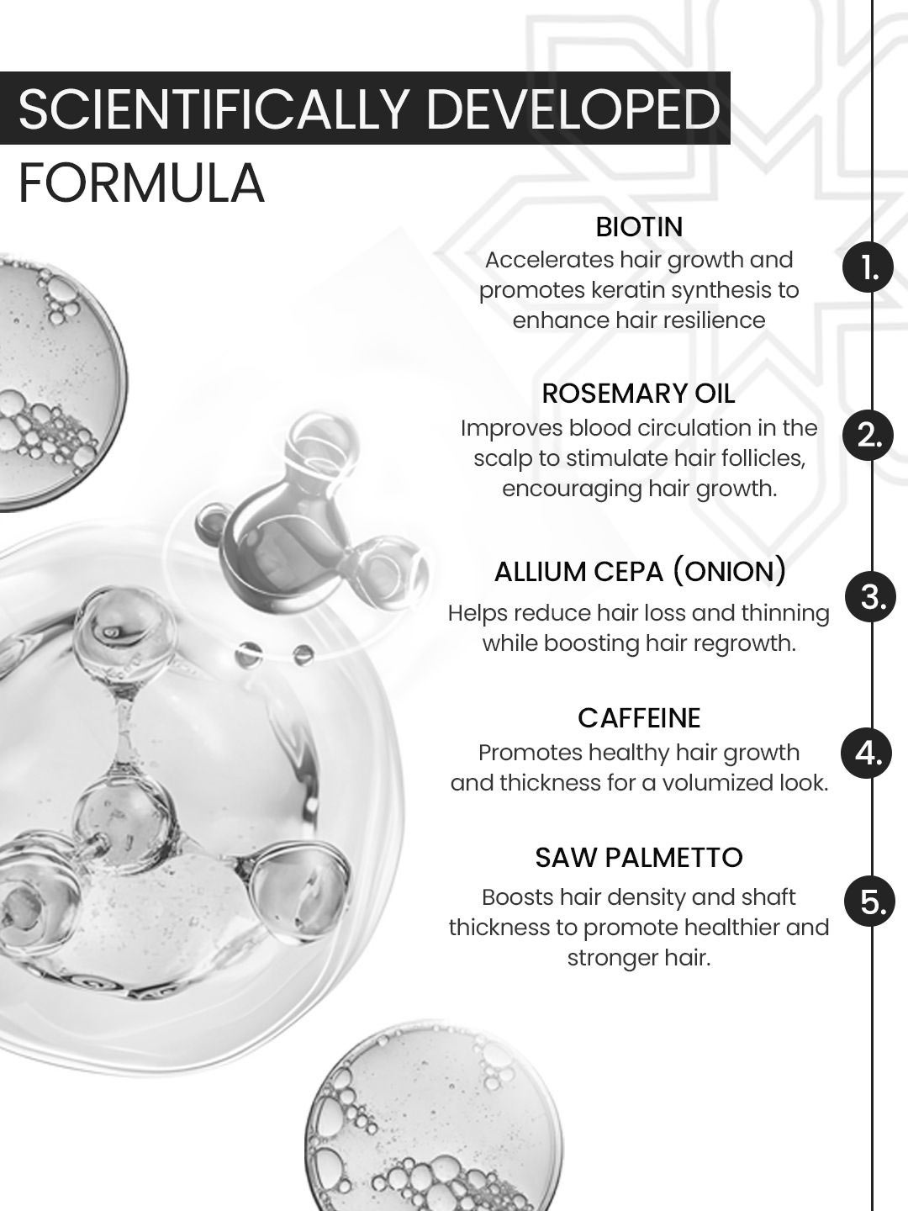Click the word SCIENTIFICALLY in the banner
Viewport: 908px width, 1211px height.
(x=213, y=108)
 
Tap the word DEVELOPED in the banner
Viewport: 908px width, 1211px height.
(x=573, y=108)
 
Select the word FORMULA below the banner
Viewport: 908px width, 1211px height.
(x=141, y=183)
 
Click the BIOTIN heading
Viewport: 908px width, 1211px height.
(x=639, y=227)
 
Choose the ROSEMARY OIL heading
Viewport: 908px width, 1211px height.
(x=638, y=394)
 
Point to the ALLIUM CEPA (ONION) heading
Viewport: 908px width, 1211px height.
(x=640, y=572)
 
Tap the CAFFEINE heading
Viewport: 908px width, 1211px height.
(x=639, y=718)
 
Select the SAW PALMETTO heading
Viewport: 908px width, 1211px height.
(x=639, y=857)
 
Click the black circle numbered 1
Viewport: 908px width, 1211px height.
(x=868, y=268)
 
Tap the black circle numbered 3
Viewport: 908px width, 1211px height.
(x=870, y=597)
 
